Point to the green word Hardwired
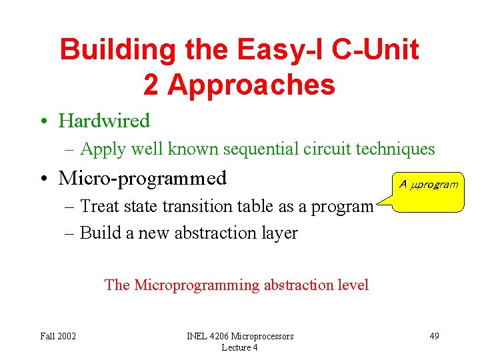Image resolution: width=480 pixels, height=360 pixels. tap(104, 121)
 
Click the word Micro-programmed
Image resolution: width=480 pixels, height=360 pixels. tap(143, 178)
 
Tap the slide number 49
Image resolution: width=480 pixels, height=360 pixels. tap(434, 335)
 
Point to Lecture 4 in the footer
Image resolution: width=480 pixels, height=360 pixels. tap(239, 347)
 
